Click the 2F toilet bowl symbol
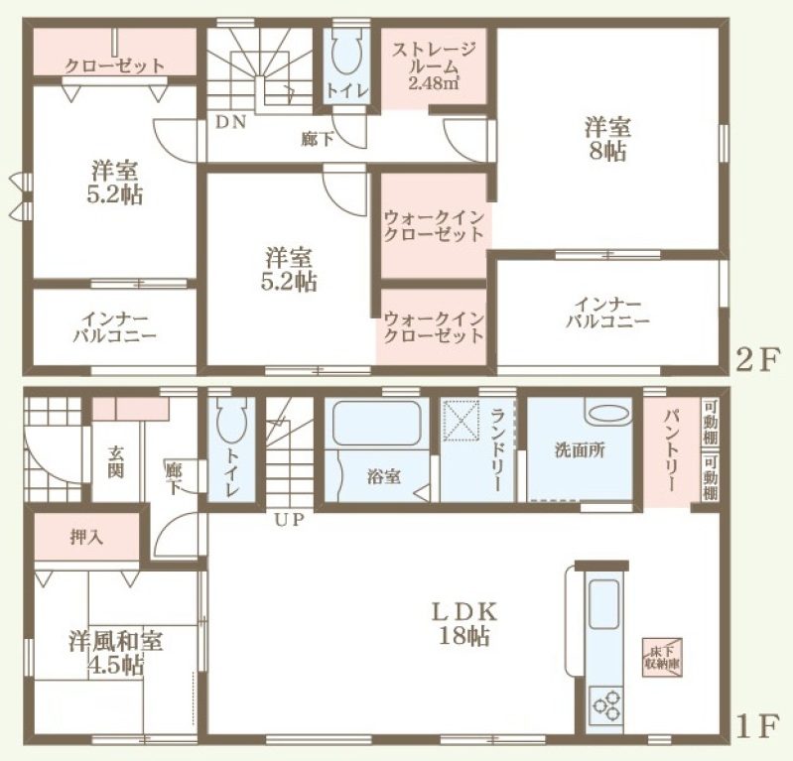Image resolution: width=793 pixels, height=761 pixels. point(347,51)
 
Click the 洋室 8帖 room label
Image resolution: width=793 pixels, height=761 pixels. point(607,139)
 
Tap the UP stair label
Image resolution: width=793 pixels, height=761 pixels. point(289,519)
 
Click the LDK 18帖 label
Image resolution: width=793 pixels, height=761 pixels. point(463,623)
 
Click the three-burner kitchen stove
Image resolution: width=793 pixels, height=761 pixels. point(606,703)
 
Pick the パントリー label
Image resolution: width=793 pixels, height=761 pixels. point(671,449)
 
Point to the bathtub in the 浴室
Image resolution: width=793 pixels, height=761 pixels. point(377,423)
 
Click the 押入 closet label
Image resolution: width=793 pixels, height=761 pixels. point(86,537)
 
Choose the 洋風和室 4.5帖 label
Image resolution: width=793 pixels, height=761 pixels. point(116,653)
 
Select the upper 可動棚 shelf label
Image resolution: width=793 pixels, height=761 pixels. point(710,422)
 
